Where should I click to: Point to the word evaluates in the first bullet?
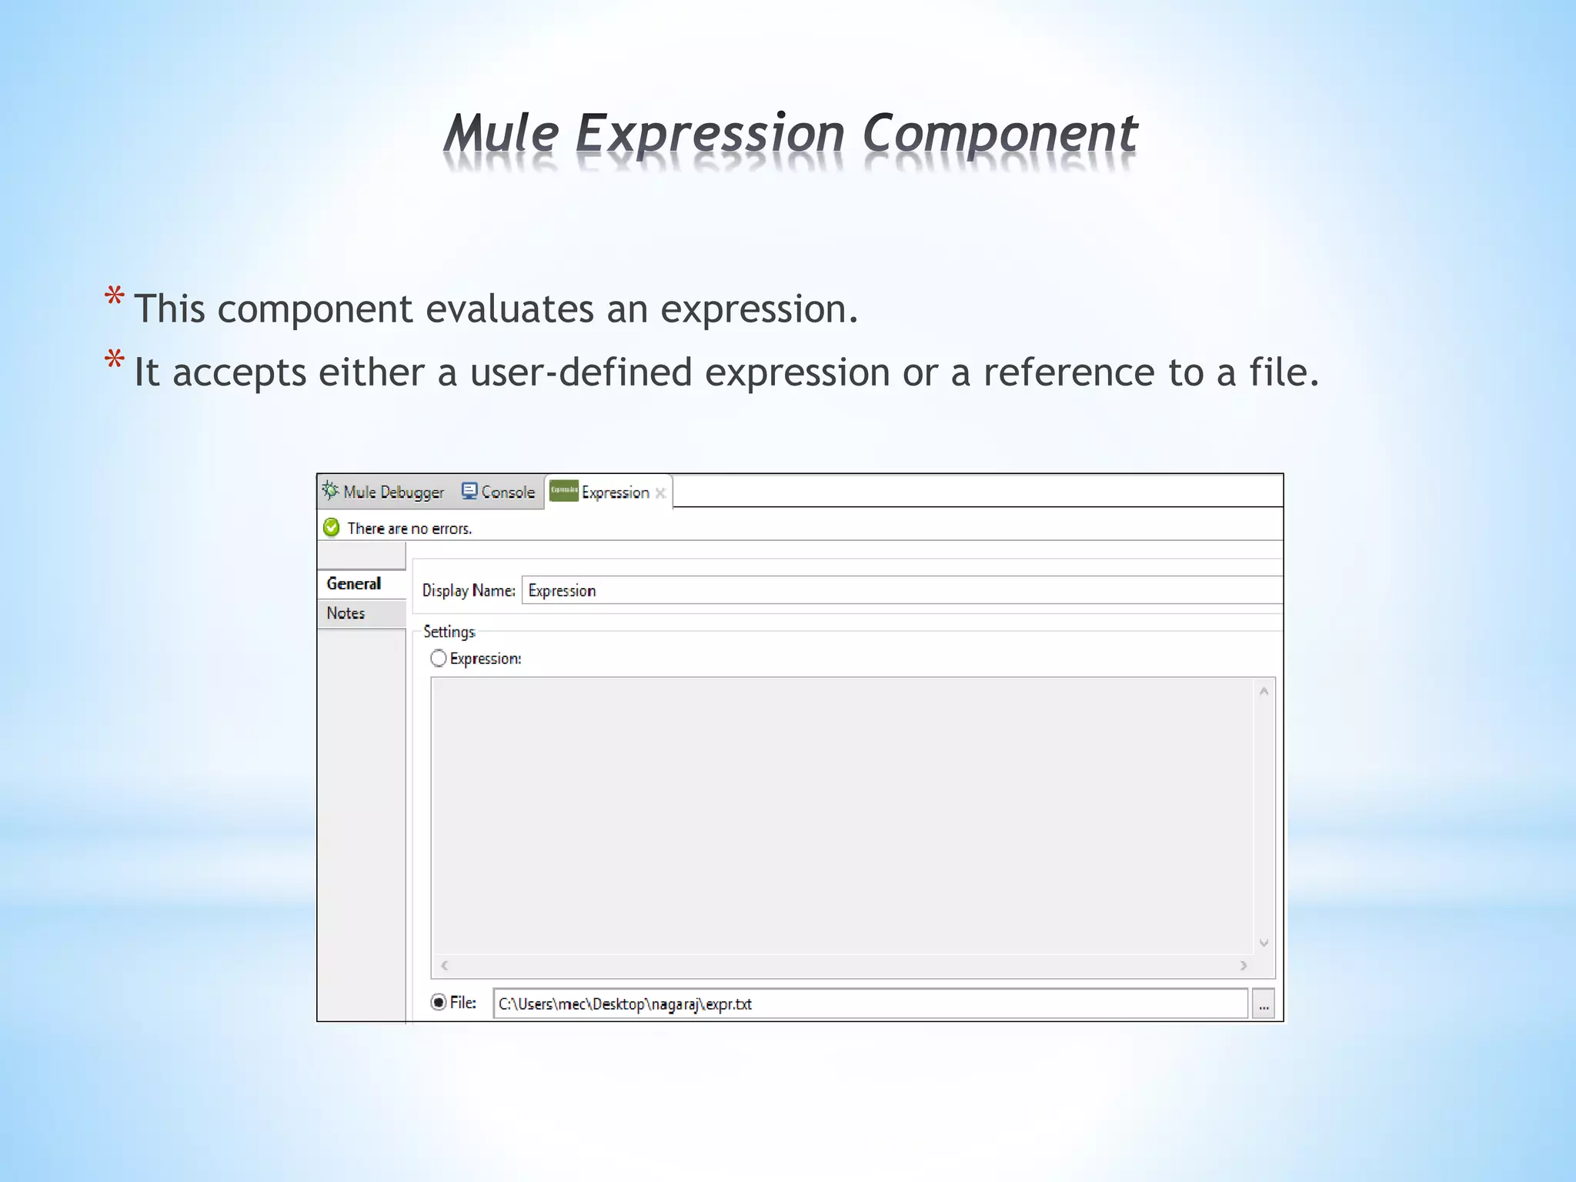pyautogui.click(x=509, y=309)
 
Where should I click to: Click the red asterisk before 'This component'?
pyautogui.click(x=115, y=298)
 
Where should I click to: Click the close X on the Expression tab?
pyautogui.click(x=660, y=493)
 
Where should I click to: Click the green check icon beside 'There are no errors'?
pyautogui.click(x=332, y=528)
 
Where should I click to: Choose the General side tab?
pyautogui.click(x=354, y=583)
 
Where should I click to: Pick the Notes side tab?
pyautogui.click(x=346, y=613)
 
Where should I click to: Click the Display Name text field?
pyautogui.click(x=900, y=590)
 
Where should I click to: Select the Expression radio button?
pyautogui.click(x=439, y=659)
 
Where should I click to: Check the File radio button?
pyautogui.click(x=439, y=1003)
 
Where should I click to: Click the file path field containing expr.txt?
pyautogui.click(x=870, y=1003)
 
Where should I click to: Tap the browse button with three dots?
pyautogui.click(x=1264, y=1004)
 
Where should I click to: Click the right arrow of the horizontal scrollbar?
pyautogui.click(x=1244, y=965)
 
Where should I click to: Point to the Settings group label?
pyautogui.click(x=449, y=632)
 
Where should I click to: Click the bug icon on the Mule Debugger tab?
pyautogui.click(x=330, y=491)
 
